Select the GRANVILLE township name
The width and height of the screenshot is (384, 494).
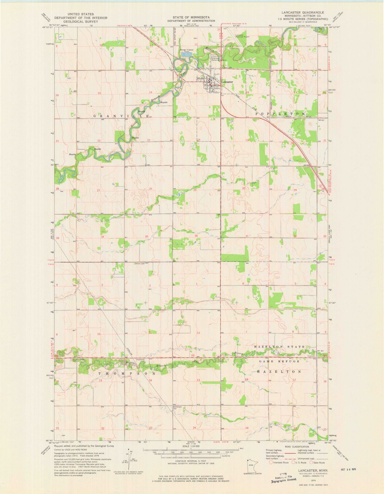pos(121,116)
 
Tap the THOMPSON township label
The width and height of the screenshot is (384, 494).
pos(127,373)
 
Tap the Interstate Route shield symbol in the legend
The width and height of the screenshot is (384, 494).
pos(271,462)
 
